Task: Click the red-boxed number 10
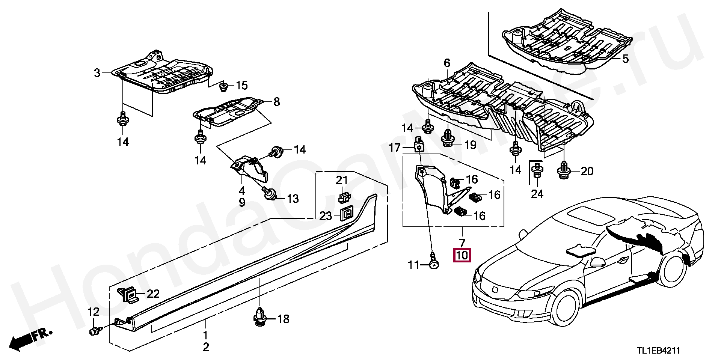coord(462,255)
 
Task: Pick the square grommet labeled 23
coord(345,214)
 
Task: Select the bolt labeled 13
coord(270,194)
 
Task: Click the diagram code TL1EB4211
coord(658,351)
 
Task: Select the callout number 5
coord(625,59)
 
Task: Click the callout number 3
coord(97,73)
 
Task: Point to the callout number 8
coord(277,102)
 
